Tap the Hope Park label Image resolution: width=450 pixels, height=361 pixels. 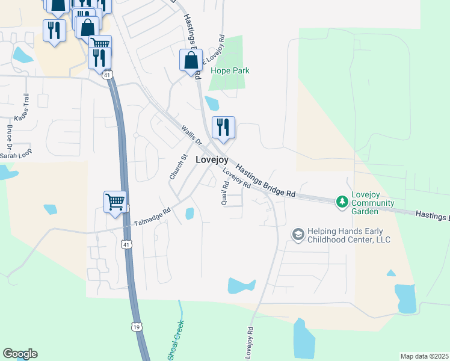pyautogui.click(x=230, y=70)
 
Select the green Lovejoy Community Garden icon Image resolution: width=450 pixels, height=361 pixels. pyautogui.click(x=342, y=200)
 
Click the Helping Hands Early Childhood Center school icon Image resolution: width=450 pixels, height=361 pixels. pyautogui.click(x=297, y=234)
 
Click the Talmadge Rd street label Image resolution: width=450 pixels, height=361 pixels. pyautogui.click(x=152, y=215)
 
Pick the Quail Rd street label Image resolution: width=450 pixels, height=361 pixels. pyautogui.click(x=224, y=194)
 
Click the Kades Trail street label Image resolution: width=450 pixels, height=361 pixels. pyautogui.click(x=22, y=108)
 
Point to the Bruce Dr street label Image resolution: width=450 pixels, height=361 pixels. pyautogui.click(x=9, y=137)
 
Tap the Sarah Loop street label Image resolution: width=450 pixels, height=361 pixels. pyautogui.click(x=15, y=155)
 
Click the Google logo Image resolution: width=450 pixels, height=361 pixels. pyautogui.click(x=20, y=353)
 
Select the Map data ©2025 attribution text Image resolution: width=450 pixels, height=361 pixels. pyautogui.click(x=424, y=356)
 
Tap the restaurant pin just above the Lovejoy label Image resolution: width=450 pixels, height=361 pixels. pyautogui.click(x=223, y=127)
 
